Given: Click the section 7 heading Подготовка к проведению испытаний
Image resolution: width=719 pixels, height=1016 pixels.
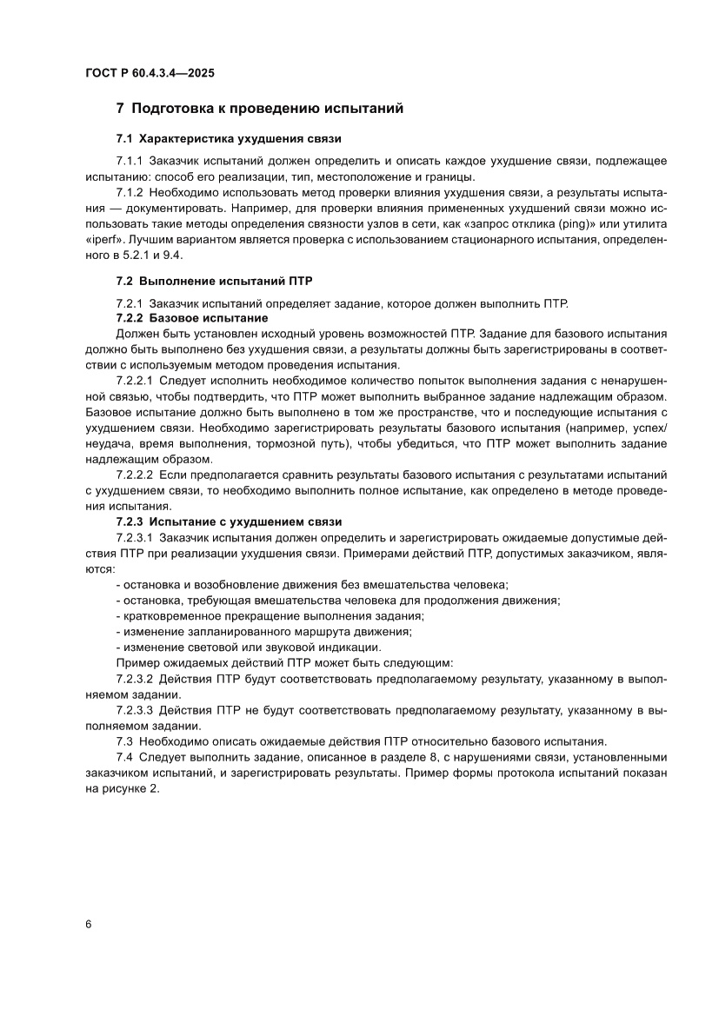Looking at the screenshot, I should pyautogui.click(x=260, y=109).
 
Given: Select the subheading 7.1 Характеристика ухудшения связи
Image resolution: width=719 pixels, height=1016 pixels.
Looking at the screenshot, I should pyautogui.click(x=229, y=139).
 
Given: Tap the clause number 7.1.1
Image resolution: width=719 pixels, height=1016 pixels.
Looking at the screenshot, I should pyautogui.click(x=130, y=162).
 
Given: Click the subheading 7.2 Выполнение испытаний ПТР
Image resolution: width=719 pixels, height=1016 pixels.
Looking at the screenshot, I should pyautogui.click(x=214, y=282).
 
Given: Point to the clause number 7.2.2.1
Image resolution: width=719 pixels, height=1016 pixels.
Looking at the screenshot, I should pyautogui.click(x=135, y=381).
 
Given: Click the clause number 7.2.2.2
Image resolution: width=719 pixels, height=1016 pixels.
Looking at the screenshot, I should pyautogui.click(x=135, y=475).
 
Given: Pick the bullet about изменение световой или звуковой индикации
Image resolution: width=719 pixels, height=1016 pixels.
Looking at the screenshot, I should pyautogui.click(x=248, y=646).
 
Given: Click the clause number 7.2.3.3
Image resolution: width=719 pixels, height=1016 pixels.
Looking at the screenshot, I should pyautogui.click(x=135, y=710).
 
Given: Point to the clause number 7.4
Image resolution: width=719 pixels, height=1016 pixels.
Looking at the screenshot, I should pyautogui.click(x=124, y=758).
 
